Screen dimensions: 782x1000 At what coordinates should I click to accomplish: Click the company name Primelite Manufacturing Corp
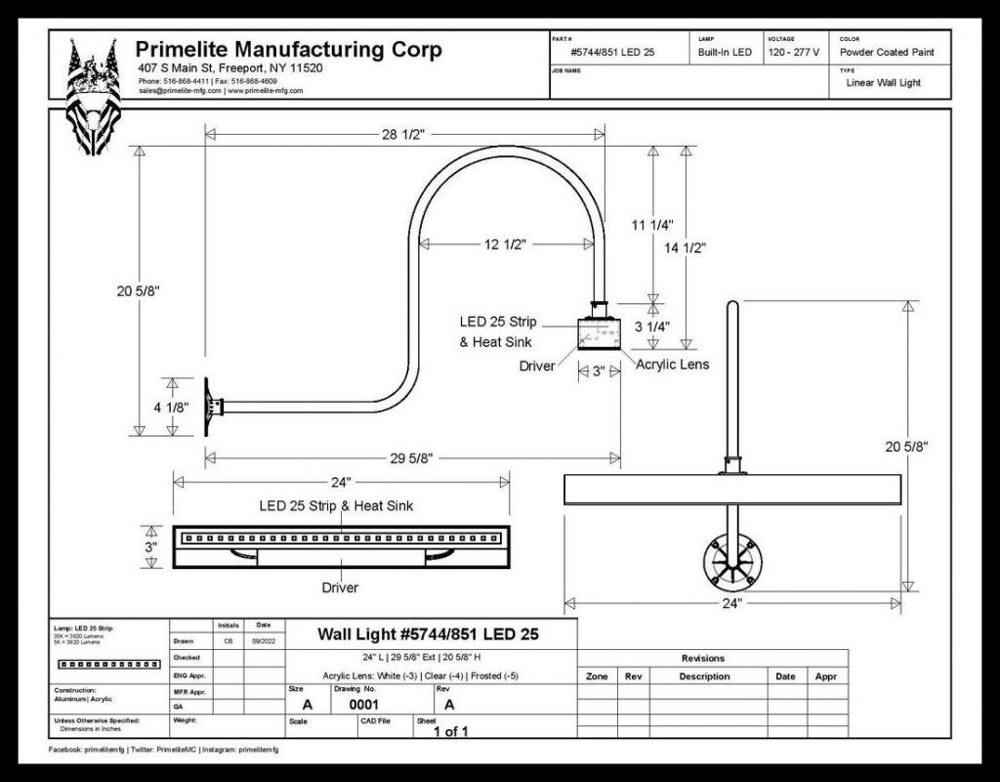tap(288, 50)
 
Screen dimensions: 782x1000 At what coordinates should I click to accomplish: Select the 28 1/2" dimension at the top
tap(402, 136)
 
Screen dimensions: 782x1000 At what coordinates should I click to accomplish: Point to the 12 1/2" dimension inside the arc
tap(505, 244)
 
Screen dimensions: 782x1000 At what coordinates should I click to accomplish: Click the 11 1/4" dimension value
tap(652, 226)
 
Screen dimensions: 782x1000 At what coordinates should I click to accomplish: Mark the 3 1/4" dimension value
tap(652, 326)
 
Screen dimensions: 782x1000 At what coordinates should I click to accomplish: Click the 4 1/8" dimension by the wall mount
tap(172, 407)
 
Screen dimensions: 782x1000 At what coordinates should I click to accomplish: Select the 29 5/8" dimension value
tap(410, 457)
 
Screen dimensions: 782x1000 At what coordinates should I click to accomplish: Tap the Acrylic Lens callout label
tap(673, 365)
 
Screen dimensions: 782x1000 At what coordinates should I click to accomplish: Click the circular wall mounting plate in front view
tap(731, 562)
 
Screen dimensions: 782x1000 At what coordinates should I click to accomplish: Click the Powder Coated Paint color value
tap(889, 52)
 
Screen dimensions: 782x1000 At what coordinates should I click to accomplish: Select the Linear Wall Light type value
tap(883, 83)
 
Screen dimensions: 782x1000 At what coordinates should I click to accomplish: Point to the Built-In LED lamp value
tap(725, 52)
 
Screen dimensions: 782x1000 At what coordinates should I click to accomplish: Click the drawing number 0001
tap(363, 703)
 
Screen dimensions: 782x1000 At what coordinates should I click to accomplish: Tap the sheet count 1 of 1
tap(451, 730)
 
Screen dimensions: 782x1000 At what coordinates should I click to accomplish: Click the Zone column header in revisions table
tap(597, 676)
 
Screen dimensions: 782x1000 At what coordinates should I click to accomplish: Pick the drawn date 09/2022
tap(264, 641)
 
